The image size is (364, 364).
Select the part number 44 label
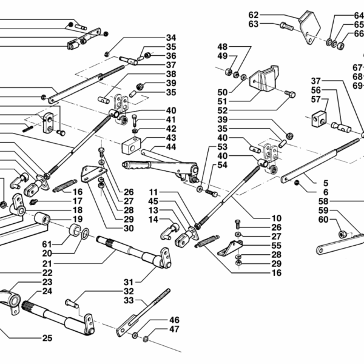tap(170, 147)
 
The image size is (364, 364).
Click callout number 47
tap(174, 329)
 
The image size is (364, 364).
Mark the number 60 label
tap(323, 219)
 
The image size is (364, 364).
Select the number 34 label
tap(170, 38)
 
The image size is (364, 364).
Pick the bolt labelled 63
tap(287, 25)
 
